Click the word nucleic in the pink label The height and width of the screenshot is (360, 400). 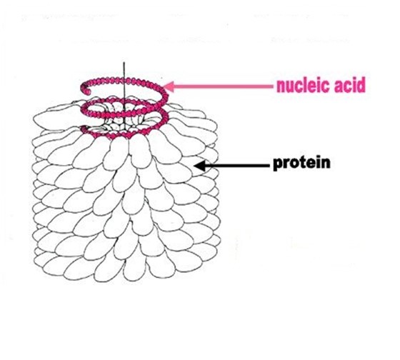(x=304, y=86)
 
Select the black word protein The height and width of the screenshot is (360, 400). (x=301, y=164)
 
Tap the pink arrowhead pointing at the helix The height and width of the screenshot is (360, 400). (x=169, y=86)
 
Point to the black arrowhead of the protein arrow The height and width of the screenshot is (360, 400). (x=200, y=166)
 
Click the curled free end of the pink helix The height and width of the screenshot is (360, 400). (x=85, y=89)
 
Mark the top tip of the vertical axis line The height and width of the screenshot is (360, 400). (x=124, y=62)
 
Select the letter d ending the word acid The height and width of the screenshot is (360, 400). (x=361, y=86)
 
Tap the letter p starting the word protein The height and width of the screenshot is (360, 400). (x=277, y=165)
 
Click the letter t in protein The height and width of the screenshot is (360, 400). (x=300, y=163)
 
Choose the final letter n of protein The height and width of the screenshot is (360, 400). (x=326, y=164)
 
